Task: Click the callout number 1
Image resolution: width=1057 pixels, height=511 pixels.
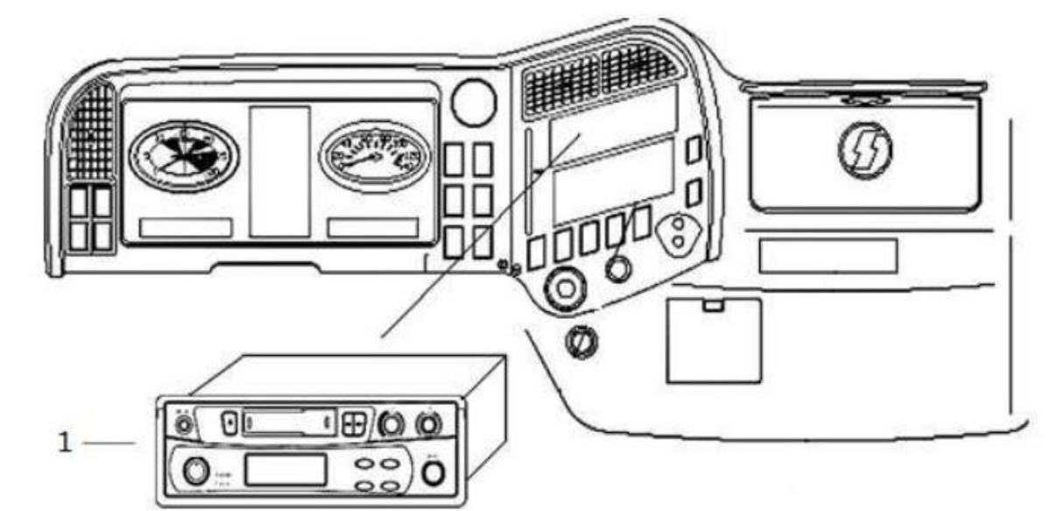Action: tap(63, 443)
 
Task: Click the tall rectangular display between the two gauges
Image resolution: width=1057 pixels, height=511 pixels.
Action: tap(279, 171)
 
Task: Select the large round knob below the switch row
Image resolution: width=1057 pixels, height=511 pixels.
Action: tap(564, 287)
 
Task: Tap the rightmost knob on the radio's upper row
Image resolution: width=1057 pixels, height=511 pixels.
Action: tap(427, 424)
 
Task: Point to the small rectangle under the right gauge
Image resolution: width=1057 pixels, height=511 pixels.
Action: tap(372, 228)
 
